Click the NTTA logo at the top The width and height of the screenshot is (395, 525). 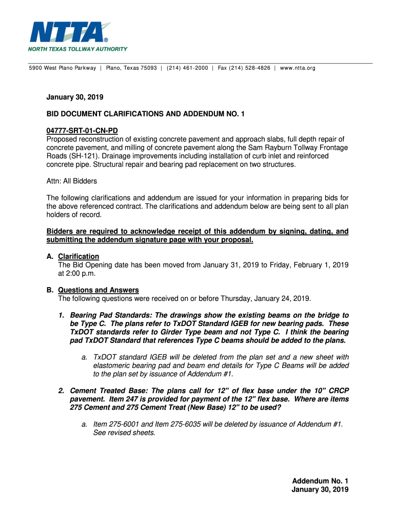pos(70,32)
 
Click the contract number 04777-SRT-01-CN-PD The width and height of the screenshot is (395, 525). pos(82,131)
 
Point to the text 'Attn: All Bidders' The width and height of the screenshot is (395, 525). pos(72,181)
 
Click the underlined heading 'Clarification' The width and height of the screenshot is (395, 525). pos(78,256)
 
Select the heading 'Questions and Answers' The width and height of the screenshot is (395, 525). pos(98,290)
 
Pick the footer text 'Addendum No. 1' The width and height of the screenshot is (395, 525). pos(320,481)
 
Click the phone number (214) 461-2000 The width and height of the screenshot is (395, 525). pos(187,68)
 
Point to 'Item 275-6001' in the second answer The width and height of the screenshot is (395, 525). pos(116,424)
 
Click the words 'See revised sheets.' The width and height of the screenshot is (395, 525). pos(124,432)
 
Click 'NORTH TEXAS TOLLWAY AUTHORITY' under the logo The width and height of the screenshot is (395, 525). pos(77,49)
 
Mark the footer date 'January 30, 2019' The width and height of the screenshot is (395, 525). pos(320,490)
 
